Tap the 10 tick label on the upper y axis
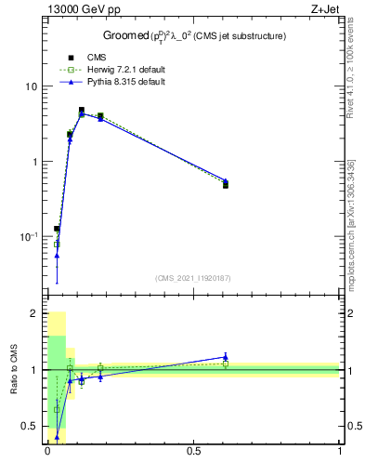click(x=30, y=86)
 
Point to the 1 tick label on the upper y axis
click(x=33, y=162)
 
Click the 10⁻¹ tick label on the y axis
click(x=28, y=237)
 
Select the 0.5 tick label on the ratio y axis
click(x=30, y=427)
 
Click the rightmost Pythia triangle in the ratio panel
click(x=226, y=357)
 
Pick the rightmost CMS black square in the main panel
click(x=226, y=185)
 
